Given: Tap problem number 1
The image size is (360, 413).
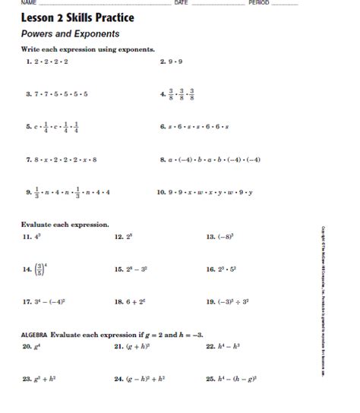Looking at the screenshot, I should tap(27, 61).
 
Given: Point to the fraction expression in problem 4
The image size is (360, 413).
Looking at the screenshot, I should tap(182, 94).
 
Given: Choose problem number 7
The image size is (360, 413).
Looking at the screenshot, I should tap(27, 159).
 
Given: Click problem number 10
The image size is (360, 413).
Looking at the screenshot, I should tap(161, 193).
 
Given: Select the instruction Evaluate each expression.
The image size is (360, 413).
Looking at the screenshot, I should tap(65, 225).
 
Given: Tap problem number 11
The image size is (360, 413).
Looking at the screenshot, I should tap(27, 237).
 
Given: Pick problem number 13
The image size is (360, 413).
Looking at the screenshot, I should tap(211, 237).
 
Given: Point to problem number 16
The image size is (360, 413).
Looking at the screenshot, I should tap(211, 270).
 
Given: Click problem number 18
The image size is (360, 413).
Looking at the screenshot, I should tap(118, 301).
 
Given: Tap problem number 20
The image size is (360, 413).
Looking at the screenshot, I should tap(27, 346).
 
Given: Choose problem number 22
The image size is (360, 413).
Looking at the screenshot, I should tap(211, 346).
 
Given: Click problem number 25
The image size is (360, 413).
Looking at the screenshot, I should tap(211, 377).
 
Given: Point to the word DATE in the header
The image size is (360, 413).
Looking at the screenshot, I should tap(181, 3).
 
